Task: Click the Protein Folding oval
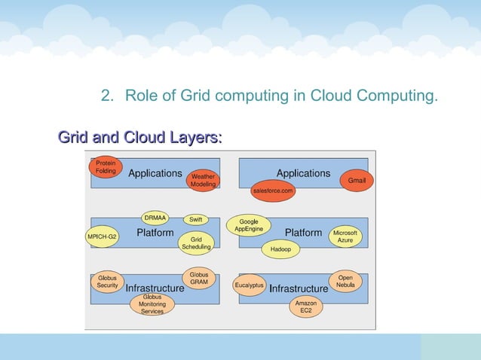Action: (x=106, y=166)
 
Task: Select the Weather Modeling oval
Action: (x=203, y=181)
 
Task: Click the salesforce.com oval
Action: (x=272, y=191)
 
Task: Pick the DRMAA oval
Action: (x=155, y=218)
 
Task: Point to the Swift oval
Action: (x=196, y=219)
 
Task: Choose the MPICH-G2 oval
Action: (x=103, y=236)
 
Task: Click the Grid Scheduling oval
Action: (x=196, y=243)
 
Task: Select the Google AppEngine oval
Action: (x=248, y=224)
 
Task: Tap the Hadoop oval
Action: (x=280, y=249)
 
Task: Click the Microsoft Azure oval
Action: (x=345, y=236)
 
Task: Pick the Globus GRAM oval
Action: (x=199, y=278)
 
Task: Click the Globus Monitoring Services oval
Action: (x=152, y=304)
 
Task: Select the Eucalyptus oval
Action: (x=250, y=285)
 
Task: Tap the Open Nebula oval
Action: (x=345, y=281)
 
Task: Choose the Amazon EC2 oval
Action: (x=305, y=307)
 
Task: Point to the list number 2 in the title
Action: (x=106, y=96)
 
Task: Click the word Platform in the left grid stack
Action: (x=155, y=233)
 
